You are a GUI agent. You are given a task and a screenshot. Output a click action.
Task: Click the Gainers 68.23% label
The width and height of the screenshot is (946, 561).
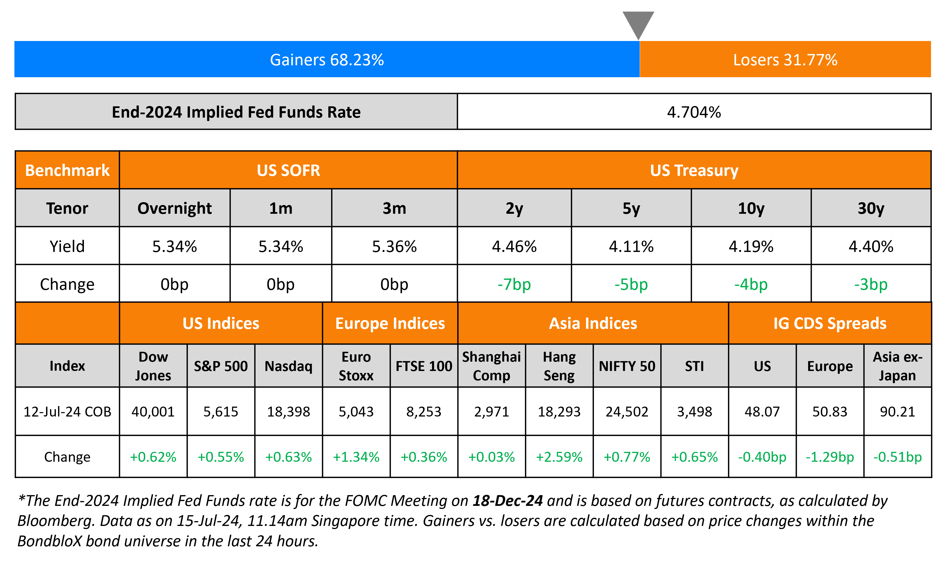327,60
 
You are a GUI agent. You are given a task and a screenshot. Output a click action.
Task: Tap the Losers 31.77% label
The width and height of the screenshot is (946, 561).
785,60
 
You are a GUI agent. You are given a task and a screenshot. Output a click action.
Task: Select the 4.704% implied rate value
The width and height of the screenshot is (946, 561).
694,112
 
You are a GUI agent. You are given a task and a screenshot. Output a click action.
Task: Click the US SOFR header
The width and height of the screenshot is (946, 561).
288,171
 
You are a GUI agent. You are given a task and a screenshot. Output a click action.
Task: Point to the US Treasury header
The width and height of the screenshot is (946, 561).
694,171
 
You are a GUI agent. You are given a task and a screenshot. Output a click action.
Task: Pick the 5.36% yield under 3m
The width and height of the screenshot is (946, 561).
394,247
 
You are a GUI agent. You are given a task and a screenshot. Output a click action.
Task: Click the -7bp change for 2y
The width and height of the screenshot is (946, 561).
514,284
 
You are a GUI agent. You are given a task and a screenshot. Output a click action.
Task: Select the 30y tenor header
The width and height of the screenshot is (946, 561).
871,208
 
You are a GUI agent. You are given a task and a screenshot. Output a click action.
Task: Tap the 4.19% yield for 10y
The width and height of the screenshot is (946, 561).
751,247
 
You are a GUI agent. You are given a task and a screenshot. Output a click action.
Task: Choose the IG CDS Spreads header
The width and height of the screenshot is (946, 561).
830,323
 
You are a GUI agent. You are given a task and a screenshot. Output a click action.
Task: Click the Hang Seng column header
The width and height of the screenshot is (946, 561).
559,366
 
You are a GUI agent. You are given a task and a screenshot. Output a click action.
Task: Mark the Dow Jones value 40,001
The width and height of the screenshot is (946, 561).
153,412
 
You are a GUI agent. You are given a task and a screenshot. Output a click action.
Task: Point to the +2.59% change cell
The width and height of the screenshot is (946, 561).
559,457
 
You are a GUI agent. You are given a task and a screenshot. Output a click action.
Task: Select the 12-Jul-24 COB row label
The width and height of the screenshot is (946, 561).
67,412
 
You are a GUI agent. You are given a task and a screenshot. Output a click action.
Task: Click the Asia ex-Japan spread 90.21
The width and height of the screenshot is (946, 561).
897,412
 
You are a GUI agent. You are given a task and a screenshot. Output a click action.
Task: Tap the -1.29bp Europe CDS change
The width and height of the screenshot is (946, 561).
830,457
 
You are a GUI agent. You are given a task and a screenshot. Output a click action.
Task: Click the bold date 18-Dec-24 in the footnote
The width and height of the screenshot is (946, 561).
507,501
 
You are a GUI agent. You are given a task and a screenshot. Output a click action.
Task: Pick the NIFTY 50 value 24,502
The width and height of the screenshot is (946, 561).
627,412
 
